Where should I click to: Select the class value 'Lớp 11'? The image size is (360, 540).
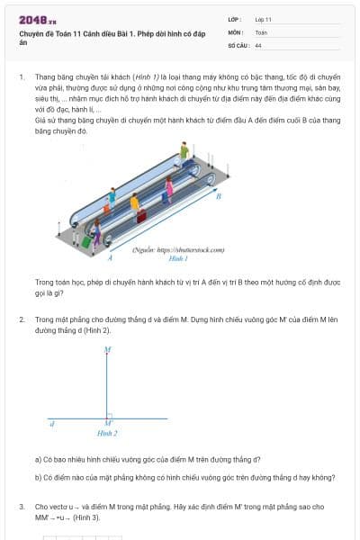tap(264, 19)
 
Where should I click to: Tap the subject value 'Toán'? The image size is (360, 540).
tap(261, 31)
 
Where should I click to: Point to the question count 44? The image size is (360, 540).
tap(258, 44)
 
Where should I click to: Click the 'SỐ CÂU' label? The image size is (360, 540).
tap(238, 44)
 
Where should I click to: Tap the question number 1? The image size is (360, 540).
tap(21, 77)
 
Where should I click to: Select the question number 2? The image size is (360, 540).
tap(21, 319)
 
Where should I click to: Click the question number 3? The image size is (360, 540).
tap(21, 507)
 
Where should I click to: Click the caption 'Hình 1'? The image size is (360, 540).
tap(177, 257)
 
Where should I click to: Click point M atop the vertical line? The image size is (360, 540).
tap(108, 349)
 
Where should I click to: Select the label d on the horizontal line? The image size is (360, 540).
tap(52, 422)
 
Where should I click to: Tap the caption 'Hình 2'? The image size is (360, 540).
tap(108, 434)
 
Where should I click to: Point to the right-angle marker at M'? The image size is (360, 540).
tap(111, 416)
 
